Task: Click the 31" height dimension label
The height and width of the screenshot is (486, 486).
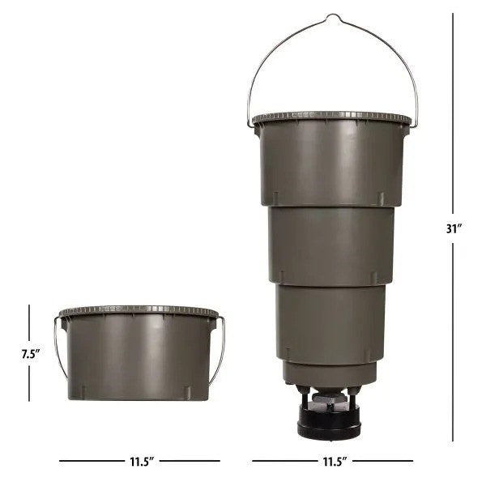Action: pos(454,228)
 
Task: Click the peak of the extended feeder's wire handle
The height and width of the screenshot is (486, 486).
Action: pos(332,16)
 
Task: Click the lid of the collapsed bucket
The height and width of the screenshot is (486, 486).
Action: pos(139,311)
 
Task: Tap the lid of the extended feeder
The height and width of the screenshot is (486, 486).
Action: pos(331,118)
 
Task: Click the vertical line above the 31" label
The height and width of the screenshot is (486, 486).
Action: pos(454,113)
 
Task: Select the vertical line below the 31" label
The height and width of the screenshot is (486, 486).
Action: pos(454,340)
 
